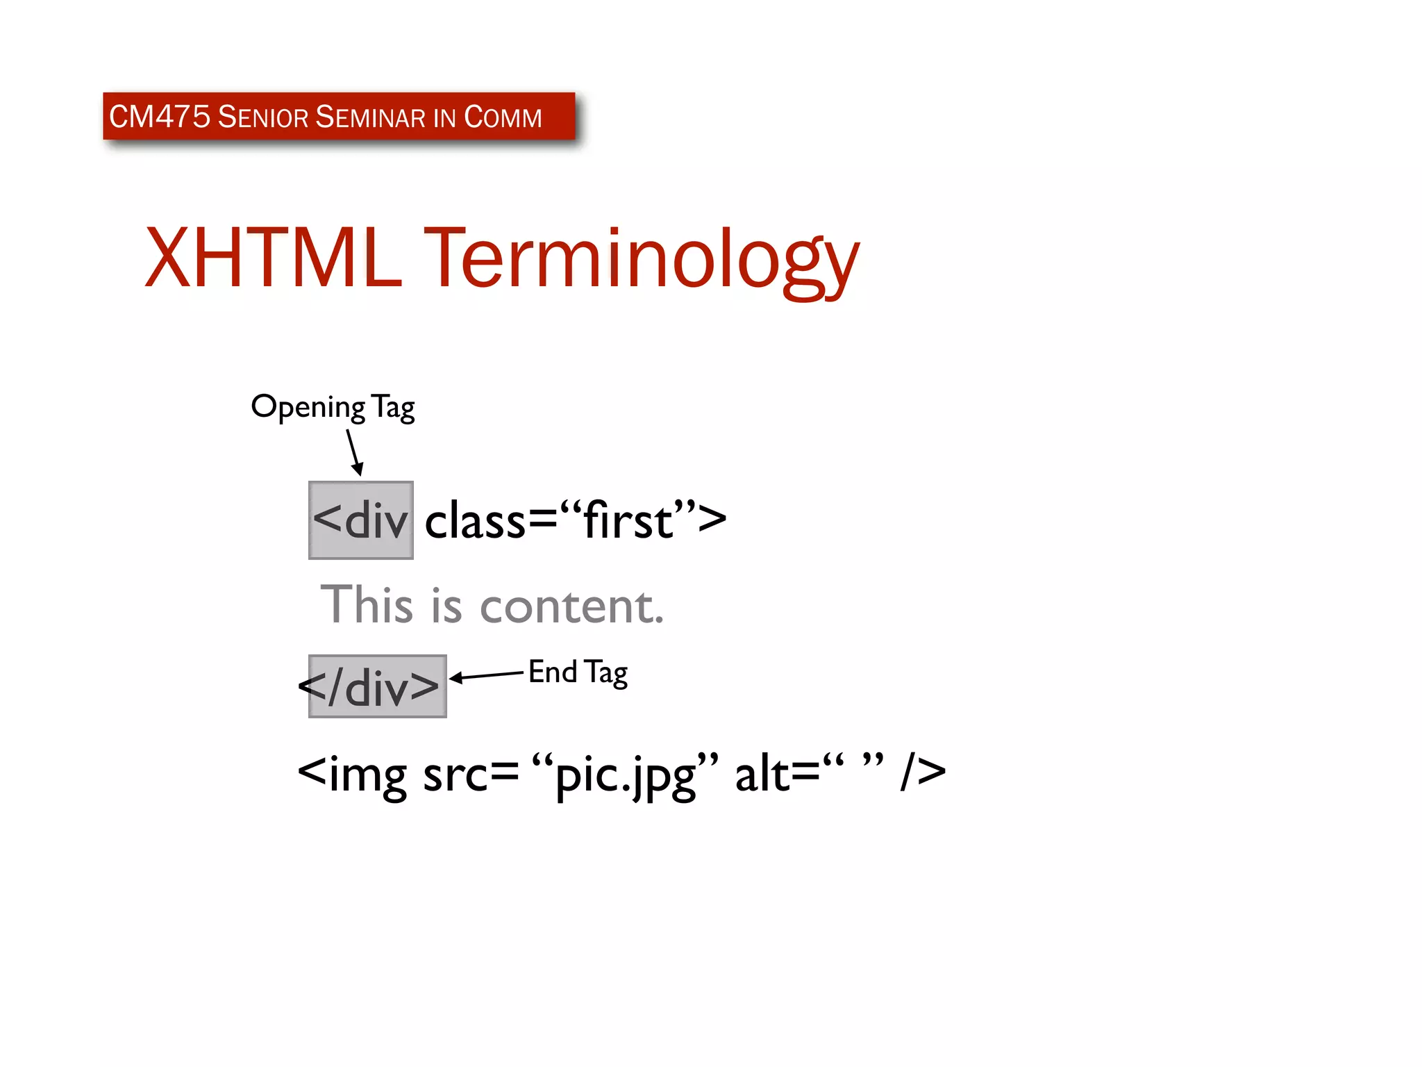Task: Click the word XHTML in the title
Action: tap(272, 258)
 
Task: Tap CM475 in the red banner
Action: tap(159, 117)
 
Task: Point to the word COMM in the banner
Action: tap(503, 117)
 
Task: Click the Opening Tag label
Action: tap(333, 407)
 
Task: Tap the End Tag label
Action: tap(578, 672)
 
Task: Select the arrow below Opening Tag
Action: tap(355, 452)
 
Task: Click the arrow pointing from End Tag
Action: tap(486, 675)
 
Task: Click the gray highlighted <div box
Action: tap(360, 520)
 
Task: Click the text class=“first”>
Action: tap(575, 520)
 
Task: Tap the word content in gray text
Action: tap(571, 606)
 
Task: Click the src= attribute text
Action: tap(471, 774)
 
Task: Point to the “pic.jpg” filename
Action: tap(625, 774)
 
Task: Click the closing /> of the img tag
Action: tap(923, 772)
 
